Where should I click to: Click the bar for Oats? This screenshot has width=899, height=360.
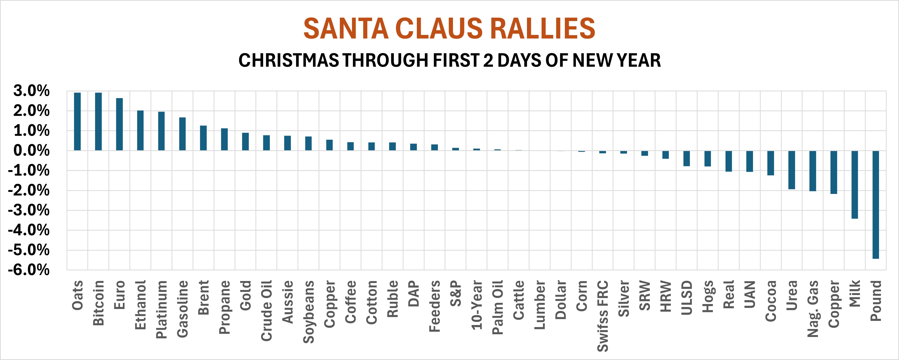point(77,122)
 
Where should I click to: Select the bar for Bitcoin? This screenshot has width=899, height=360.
point(99,122)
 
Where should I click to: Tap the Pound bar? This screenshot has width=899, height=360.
point(876,205)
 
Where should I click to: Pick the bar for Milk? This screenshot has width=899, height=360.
point(855,185)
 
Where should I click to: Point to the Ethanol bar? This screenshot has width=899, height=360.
point(140,130)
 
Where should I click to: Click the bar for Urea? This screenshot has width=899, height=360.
point(792,170)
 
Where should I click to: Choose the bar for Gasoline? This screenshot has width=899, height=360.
point(182,134)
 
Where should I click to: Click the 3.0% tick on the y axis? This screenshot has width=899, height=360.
point(31,91)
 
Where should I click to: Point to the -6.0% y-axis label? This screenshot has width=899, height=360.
point(29,270)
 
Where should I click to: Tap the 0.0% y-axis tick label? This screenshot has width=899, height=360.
point(31,151)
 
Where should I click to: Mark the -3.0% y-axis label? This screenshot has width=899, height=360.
point(29,210)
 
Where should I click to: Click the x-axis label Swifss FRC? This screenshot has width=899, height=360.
point(603,316)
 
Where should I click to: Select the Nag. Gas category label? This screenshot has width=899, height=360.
point(813,309)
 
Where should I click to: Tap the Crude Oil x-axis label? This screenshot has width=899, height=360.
point(267,310)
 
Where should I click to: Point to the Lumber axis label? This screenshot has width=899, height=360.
point(540,305)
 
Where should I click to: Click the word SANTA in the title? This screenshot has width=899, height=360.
point(346,29)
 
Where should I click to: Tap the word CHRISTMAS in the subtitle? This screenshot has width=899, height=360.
point(288,60)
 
